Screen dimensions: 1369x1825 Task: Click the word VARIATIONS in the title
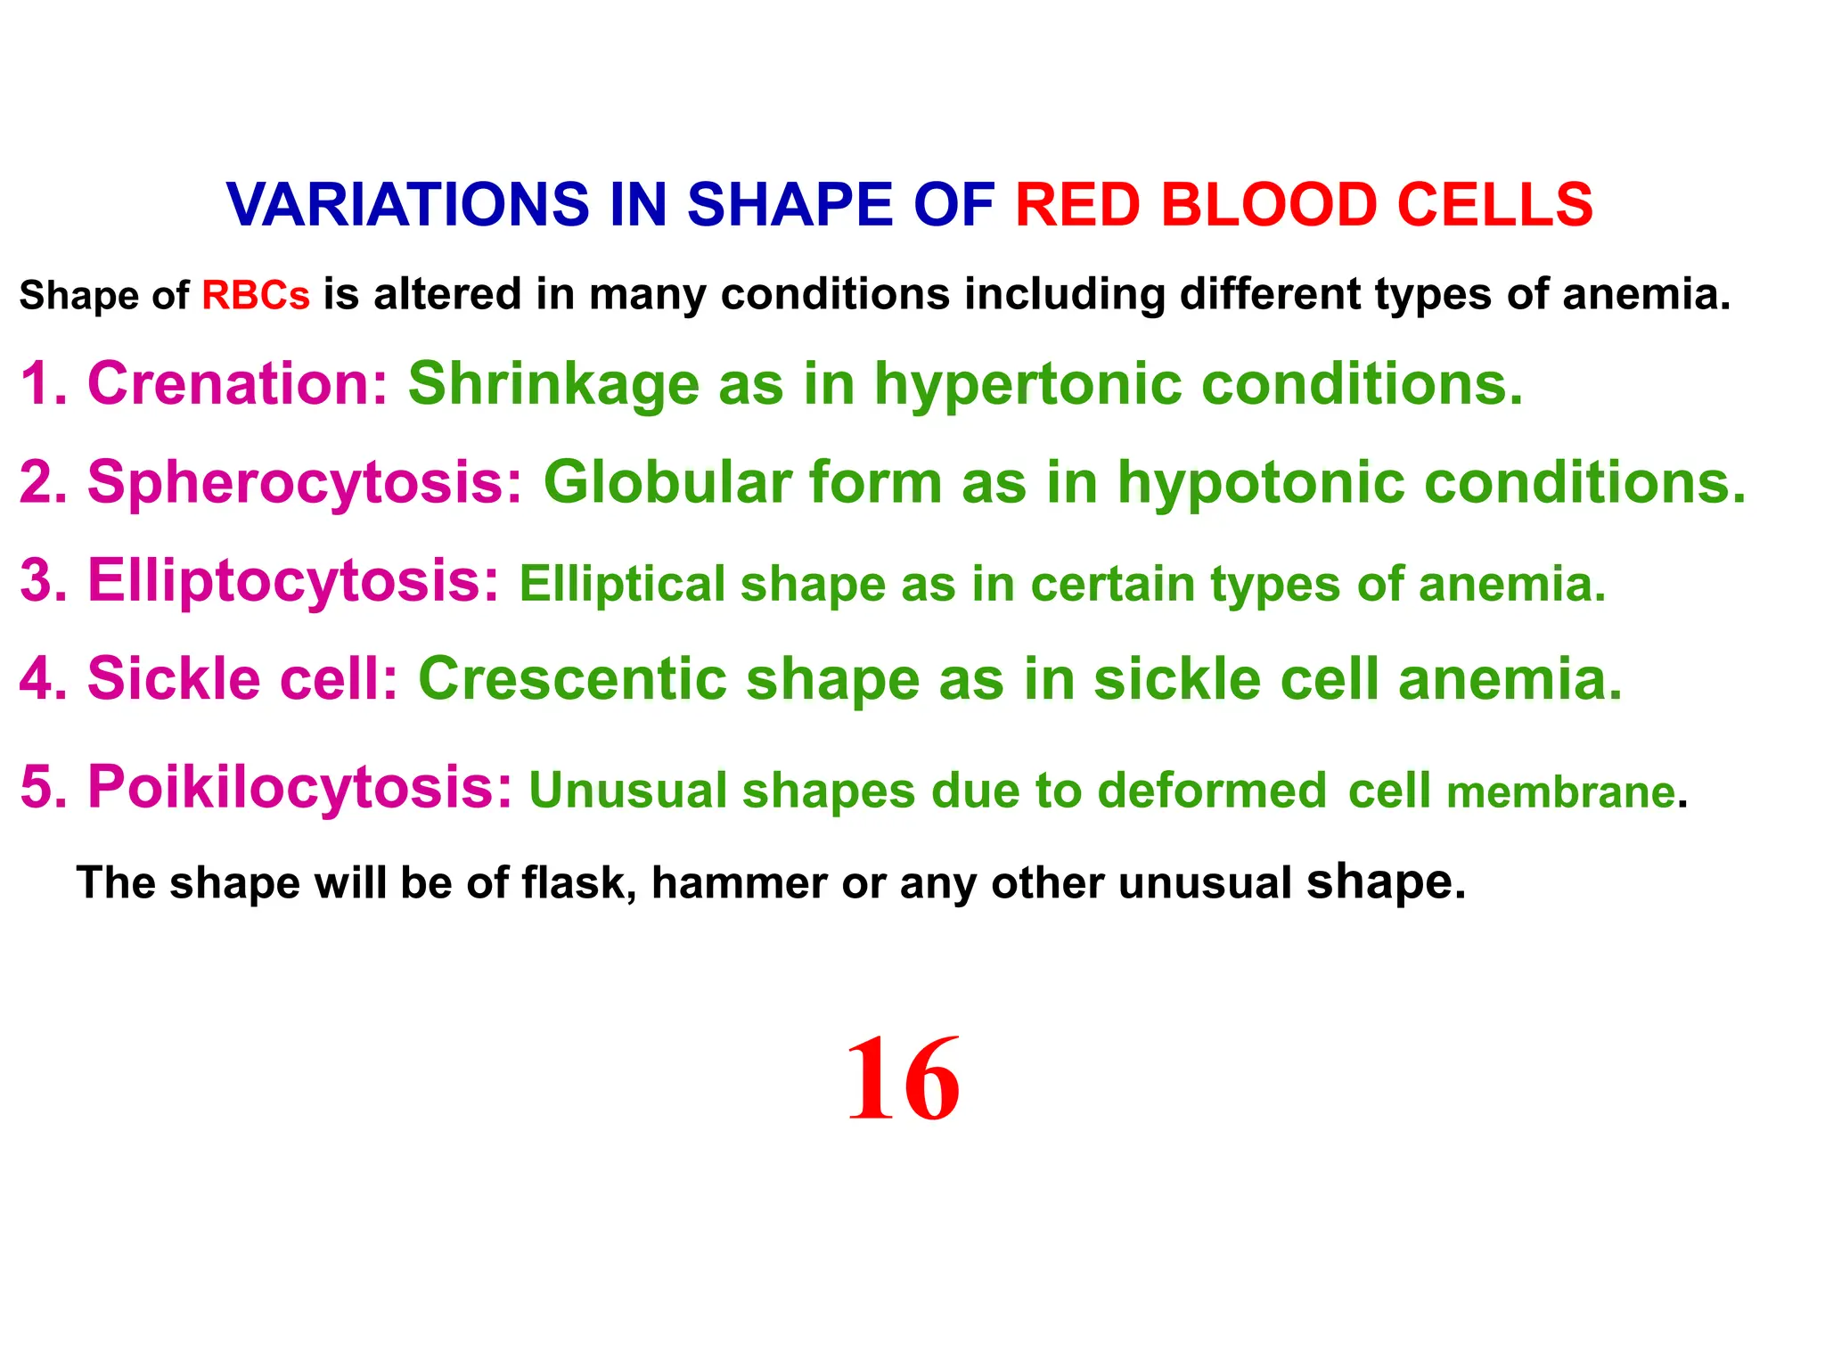408,204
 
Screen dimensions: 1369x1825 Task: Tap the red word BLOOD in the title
1269,204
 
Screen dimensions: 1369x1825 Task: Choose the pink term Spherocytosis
304,482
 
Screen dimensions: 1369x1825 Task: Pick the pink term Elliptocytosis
292,580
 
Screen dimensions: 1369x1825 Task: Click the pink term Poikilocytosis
299,787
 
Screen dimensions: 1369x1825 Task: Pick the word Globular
667,482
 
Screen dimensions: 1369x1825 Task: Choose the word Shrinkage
553,384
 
